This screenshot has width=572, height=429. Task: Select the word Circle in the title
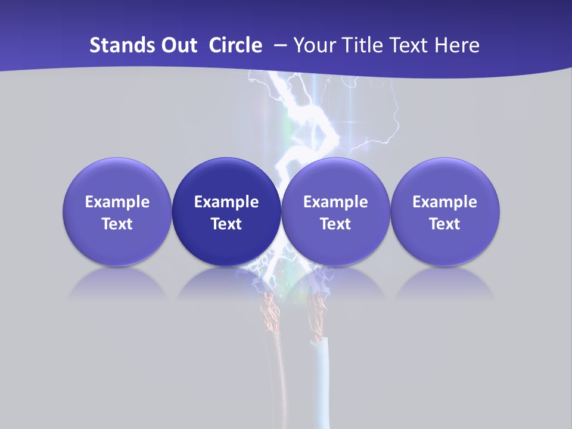coord(235,45)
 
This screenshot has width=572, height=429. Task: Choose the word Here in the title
coord(456,45)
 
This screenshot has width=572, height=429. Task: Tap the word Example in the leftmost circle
coord(117,202)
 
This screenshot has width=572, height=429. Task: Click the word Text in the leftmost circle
coord(117,224)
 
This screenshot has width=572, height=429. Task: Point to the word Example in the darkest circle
coord(226,202)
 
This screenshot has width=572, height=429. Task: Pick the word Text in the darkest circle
coord(226,224)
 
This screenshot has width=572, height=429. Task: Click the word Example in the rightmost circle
coord(444,202)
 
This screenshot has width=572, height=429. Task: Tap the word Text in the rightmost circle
coord(444,224)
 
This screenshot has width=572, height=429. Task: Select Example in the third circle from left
coord(335,202)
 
